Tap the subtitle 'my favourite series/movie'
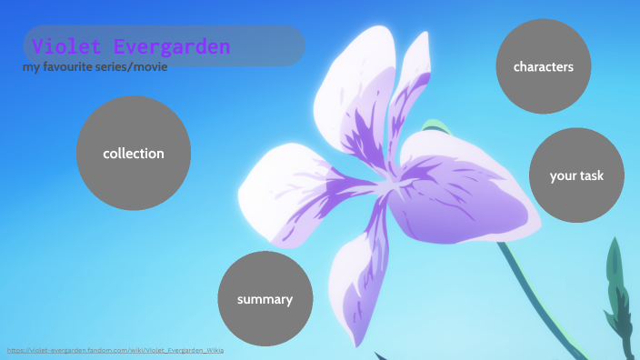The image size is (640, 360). pos(95,67)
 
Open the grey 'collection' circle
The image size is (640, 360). pos(134,154)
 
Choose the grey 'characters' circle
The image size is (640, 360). pos(543,67)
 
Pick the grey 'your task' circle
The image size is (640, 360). pos(576,175)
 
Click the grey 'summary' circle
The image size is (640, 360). pos(265,299)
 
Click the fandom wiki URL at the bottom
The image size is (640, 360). pos(115,350)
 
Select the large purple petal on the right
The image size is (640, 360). pos(464,195)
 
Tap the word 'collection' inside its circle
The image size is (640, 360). pos(134,154)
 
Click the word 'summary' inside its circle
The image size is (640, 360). pos(265,299)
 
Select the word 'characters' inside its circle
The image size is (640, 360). pos(543,67)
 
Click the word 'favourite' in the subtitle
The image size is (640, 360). pos(74,67)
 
